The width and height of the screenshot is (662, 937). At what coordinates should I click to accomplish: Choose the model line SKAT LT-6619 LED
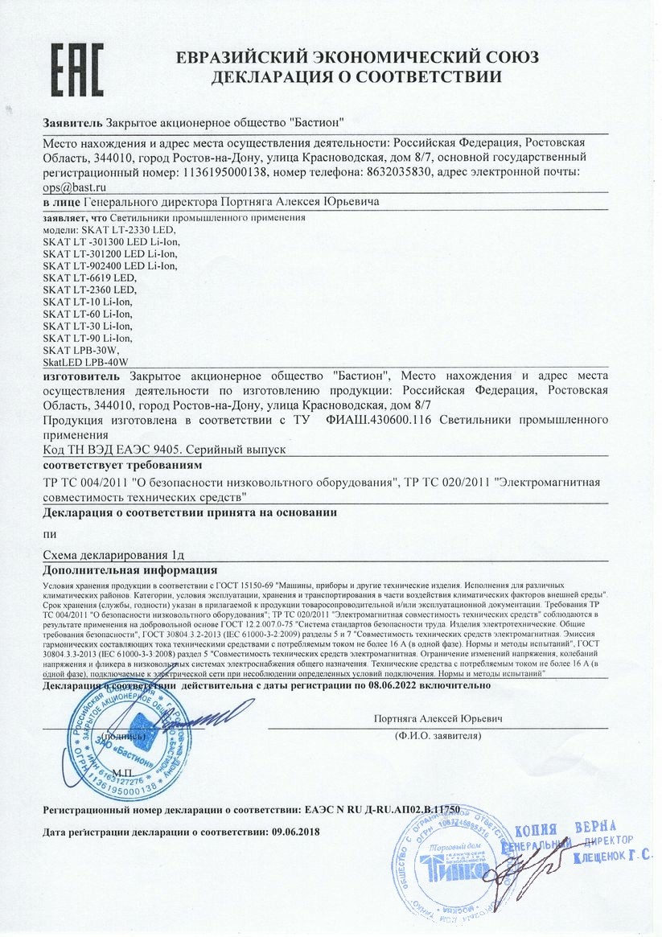89,277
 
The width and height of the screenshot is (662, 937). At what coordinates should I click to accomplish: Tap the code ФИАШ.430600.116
397,420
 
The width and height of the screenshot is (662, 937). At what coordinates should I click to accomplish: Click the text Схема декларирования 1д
114,554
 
